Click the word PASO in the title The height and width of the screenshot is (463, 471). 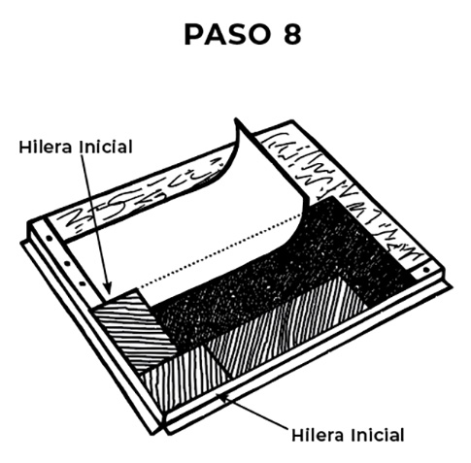(227, 34)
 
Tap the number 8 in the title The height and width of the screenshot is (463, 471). (292, 34)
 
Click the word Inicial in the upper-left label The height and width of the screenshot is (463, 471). (106, 147)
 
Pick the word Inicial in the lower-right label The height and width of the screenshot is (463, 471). (378, 435)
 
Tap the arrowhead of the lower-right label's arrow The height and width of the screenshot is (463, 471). (223, 396)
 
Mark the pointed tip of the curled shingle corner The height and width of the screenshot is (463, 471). (236, 119)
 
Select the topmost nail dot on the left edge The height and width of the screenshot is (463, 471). (50, 239)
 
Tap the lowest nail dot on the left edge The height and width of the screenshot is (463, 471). (83, 283)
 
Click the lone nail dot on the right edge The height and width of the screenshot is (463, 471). (426, 269)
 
